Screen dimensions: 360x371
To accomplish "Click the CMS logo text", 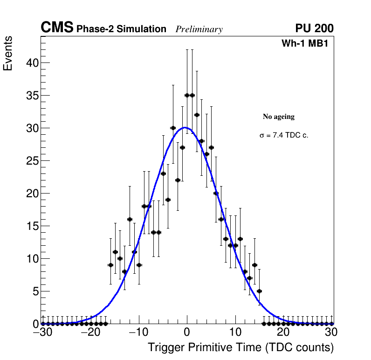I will coord(57,28).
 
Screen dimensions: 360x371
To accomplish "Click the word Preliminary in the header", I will coord(199,29).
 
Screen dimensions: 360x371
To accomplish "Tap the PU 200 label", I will coord(314,28).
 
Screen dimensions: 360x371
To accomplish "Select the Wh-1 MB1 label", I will coord(307,44).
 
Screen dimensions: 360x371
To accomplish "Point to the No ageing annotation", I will coord(279,117).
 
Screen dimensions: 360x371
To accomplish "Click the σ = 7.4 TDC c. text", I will coord(284,136).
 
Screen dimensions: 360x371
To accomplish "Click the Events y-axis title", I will coord(8,53).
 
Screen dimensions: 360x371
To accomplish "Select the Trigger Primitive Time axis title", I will coord(240,347).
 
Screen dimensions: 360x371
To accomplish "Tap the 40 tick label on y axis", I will coord(29,63).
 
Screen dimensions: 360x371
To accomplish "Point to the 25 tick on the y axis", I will coord(29,161).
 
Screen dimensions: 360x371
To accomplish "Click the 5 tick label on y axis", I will coord(32,291).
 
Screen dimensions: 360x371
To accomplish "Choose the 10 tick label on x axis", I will coord(236,332).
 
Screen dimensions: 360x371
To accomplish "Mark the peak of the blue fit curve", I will coord(185,127).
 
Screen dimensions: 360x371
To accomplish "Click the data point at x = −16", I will coord(110,265).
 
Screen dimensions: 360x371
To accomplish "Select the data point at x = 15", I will coord(260,291).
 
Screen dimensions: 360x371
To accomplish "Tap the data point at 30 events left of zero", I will coord(173,128).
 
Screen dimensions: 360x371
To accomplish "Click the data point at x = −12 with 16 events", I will coord(130,219).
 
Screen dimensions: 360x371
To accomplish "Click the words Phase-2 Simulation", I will coord(121,29).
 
